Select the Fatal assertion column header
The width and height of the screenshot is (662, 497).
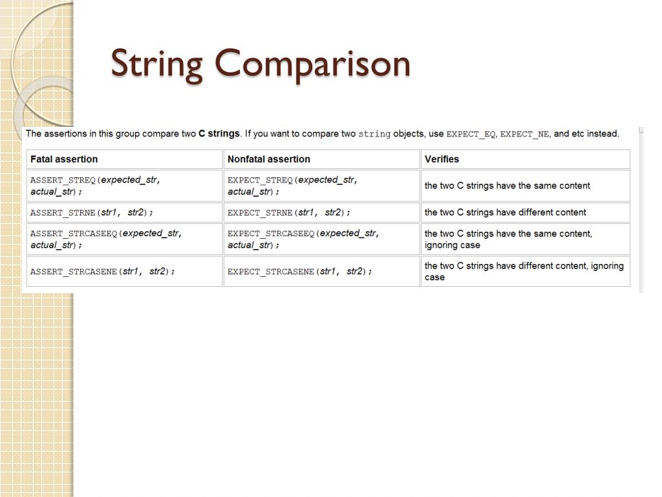pos(64,159)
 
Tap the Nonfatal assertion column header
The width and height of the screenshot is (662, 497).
pos(269,159)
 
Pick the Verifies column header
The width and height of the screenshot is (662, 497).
pos(442,159)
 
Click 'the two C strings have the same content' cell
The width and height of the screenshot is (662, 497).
pos(507,186)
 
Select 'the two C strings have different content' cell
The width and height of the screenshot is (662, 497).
pos(506,212)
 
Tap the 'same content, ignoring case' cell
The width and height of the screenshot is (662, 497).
pos(508,239)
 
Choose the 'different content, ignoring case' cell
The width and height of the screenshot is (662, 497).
pos(524,271)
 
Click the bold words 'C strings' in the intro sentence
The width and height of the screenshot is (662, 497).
pos(219,134)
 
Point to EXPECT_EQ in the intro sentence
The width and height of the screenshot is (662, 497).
pos(471,135)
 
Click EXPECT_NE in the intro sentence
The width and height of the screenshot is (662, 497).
pos(524,135)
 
